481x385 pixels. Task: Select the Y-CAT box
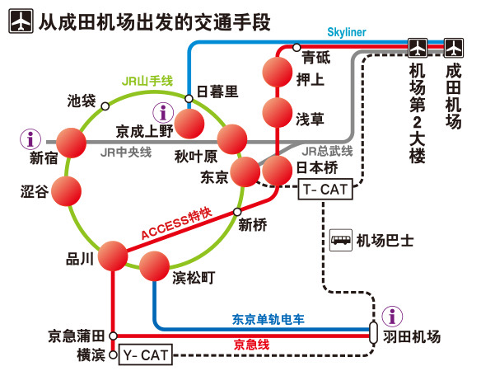point(145,356)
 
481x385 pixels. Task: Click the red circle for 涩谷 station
point(67,191)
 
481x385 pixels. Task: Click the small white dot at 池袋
point(104,106)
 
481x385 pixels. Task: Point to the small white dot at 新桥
point(238,212)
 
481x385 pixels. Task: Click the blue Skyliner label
point(346,32)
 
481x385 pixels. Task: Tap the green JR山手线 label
point(147,80)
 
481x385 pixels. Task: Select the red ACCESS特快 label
point(176,224)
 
